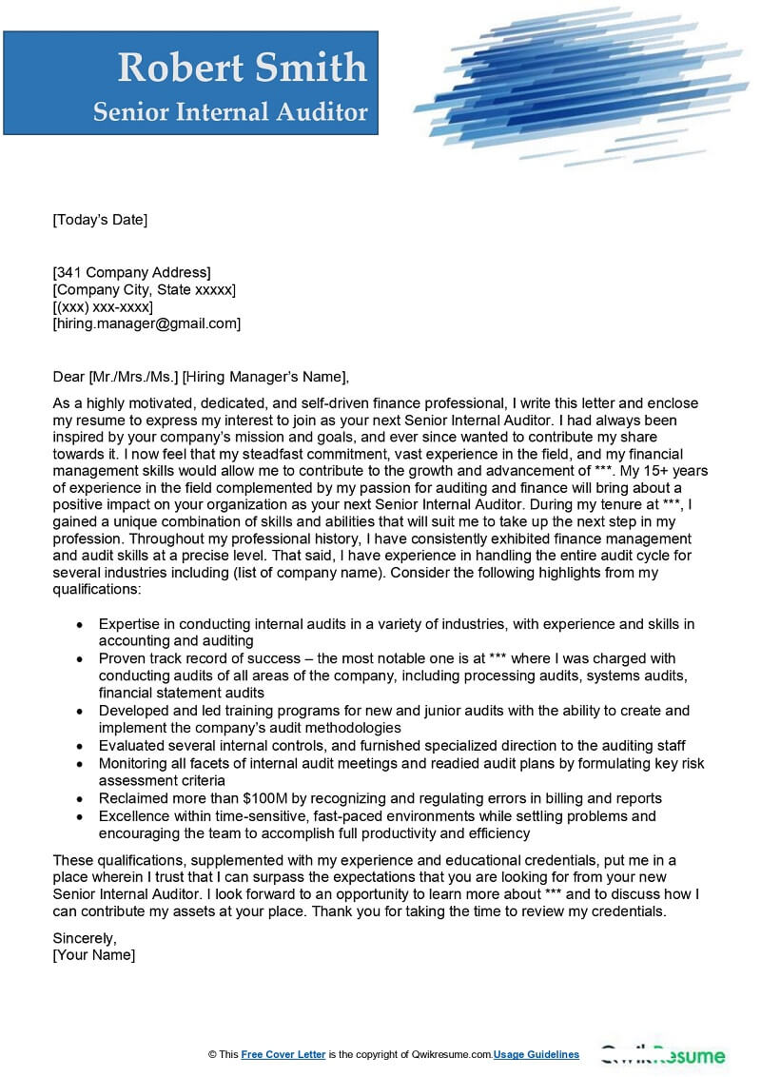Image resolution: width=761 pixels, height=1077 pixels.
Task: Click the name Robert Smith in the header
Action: tap(242, 68)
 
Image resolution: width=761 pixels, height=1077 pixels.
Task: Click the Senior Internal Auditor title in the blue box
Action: tap(230, 112)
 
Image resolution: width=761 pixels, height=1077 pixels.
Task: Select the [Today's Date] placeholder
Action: tap(100, 220)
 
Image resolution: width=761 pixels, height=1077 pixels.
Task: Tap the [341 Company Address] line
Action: tap(131, 272)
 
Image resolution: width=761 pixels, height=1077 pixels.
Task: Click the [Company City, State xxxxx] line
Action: tap(144, 289)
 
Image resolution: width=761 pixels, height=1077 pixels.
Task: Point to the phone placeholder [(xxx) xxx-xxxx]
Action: tap(102, 306)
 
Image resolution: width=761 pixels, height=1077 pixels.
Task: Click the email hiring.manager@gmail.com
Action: tap(146, 323)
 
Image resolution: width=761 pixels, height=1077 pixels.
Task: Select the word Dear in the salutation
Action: tap(68, 376)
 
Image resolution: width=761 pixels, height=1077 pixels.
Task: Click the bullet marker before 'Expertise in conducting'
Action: tap(78, 624)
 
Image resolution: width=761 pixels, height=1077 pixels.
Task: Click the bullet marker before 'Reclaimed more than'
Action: tap(78, 798)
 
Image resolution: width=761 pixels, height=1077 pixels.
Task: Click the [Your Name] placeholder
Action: tap(93, 954)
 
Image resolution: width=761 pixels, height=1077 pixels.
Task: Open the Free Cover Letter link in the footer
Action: tap(283, 1054)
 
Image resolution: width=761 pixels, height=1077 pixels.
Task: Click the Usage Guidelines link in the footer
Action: tap(537, 1054)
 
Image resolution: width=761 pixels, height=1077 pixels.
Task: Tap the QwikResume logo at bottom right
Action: tap(664, 1054)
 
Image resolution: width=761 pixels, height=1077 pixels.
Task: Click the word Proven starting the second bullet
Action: tap(122, 658)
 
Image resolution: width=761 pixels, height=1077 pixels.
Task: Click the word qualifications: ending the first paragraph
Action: tap(96, 590)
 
